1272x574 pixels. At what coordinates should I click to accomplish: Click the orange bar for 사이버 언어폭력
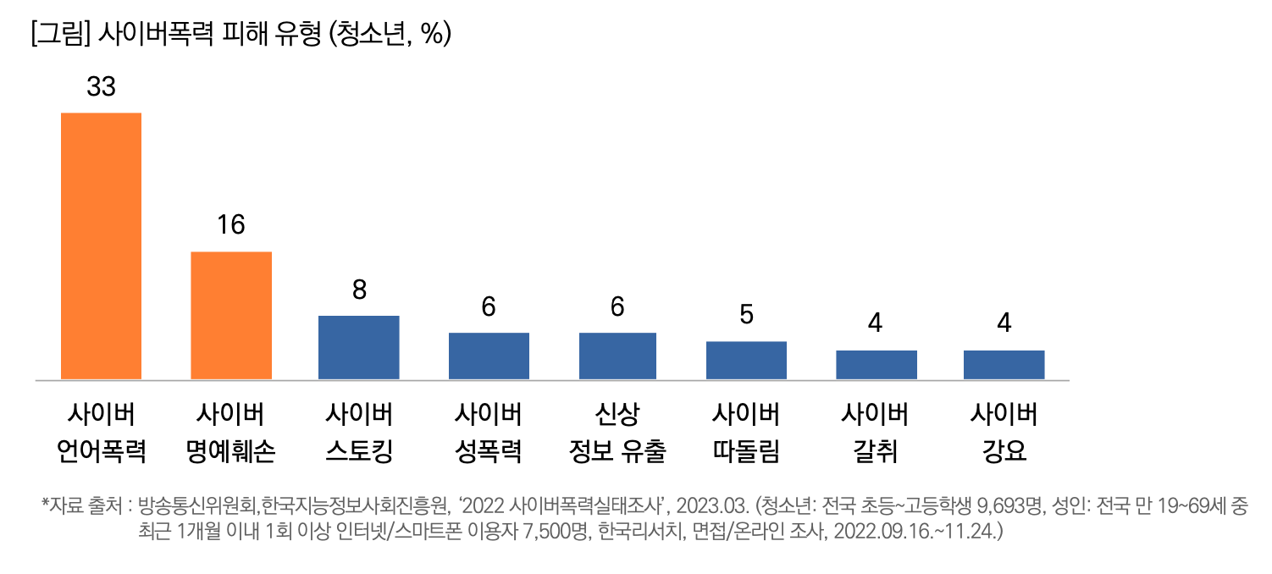tap(101, 246)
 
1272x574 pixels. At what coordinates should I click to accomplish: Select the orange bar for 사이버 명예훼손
tap(230, 315)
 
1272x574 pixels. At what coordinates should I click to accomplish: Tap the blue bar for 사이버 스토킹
tap(358, 347)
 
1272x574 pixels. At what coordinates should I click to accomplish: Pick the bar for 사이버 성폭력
tap(489, 356)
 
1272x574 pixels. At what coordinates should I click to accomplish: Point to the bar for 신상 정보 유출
tap(617, 356)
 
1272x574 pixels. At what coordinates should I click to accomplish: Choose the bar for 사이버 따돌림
tap(746, 360)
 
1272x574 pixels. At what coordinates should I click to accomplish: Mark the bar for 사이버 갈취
tap(876, 364)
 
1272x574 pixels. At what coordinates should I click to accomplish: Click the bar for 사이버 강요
tap(1004, 364)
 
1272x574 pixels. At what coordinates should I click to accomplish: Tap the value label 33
tap(101, 86)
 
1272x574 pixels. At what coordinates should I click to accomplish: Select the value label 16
tap(230, 225)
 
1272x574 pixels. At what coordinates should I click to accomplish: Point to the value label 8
tap(359, 290)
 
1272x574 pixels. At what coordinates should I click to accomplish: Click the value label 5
tap(746, 315)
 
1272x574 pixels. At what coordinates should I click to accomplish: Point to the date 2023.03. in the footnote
tap(713, 508)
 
